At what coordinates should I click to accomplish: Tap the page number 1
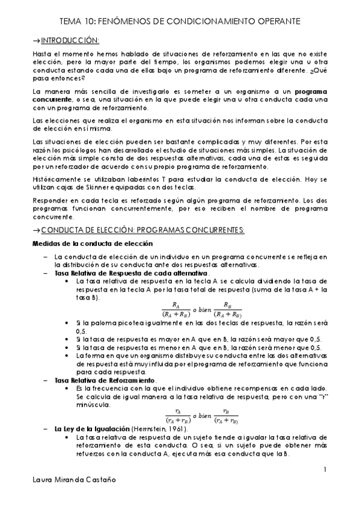pos(325,469)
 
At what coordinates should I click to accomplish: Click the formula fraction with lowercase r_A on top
pos(178,416)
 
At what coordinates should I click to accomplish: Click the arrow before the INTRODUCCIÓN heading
pos(35,40)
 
